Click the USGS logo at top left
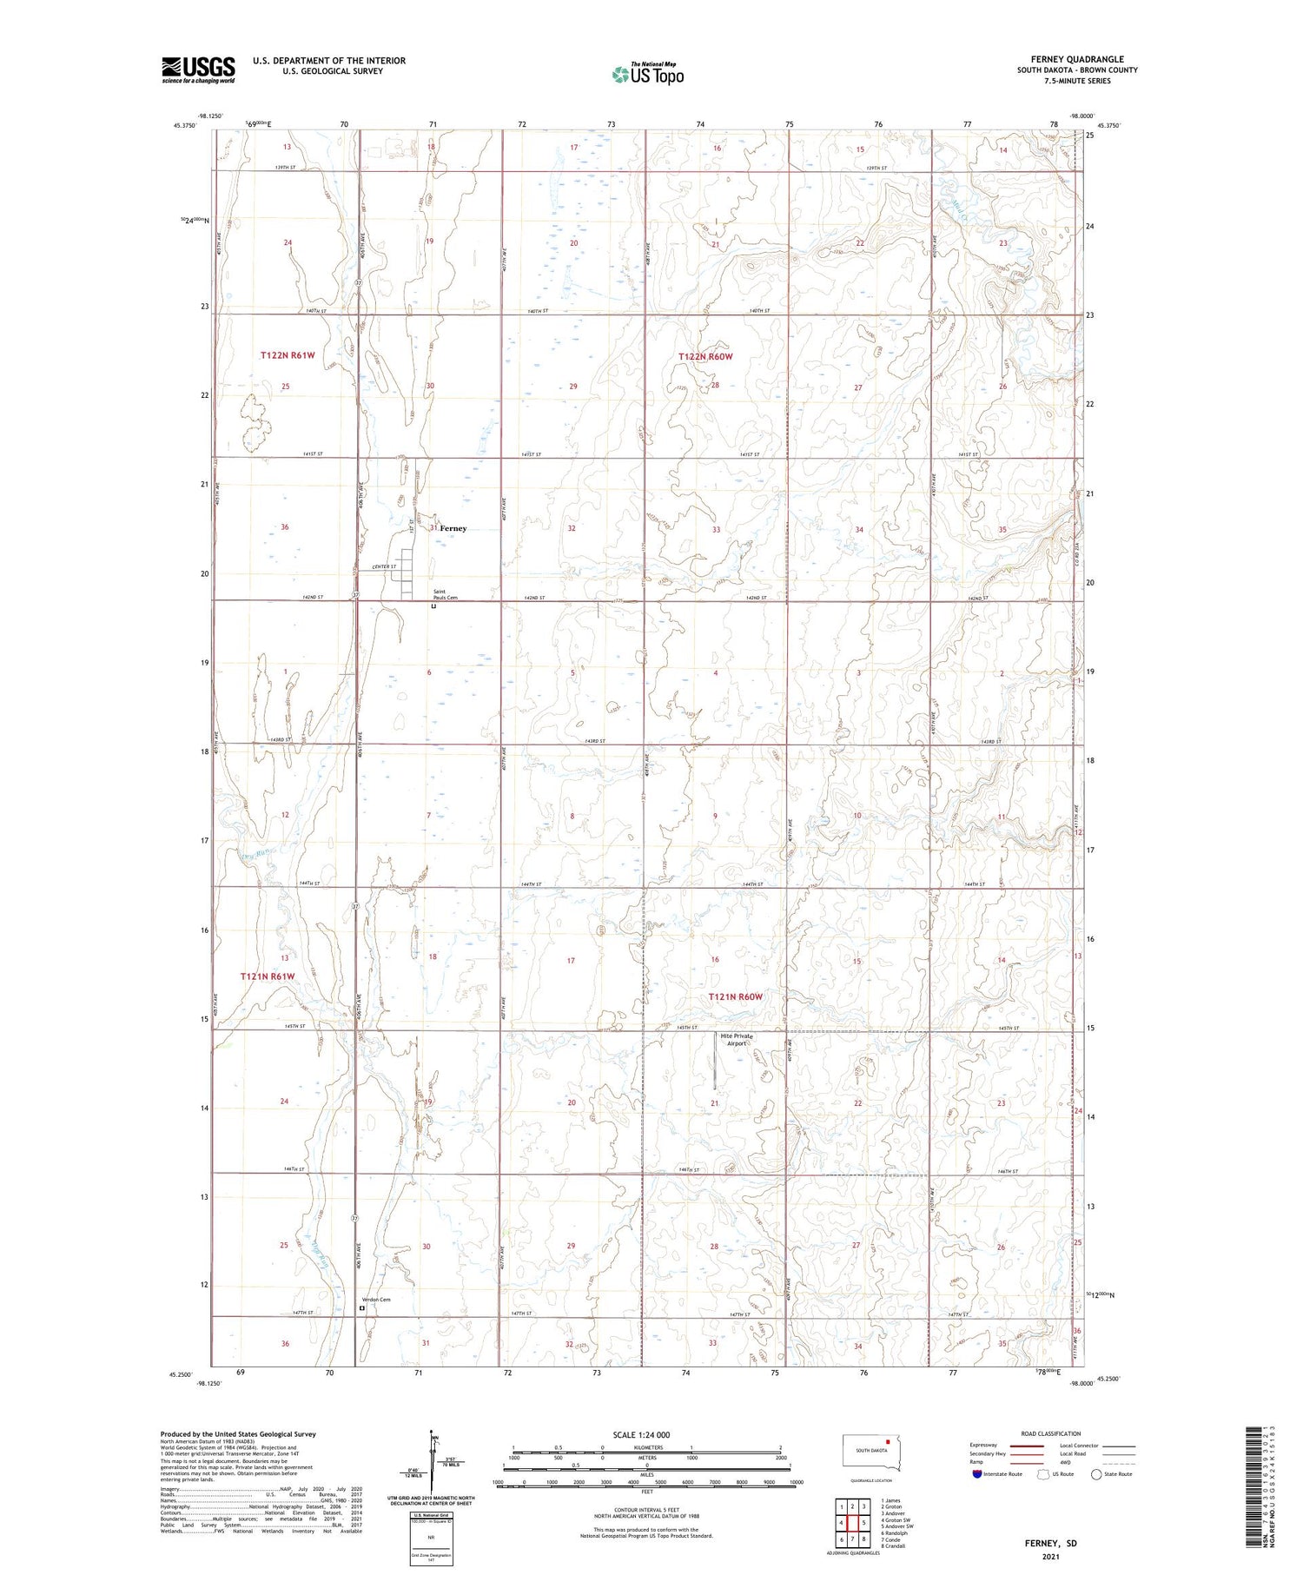click(x=198, y=69)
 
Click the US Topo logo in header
click(x=647, y=75)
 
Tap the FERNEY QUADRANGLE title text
click(x=1077, y=59)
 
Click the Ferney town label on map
click(x=453, y=528)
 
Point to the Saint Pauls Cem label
click(x=445, y=595)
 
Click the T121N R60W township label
click(x=735, y=996)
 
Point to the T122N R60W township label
click(x=705, y=357)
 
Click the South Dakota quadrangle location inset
click(x=871, y=1453)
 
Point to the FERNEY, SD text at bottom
click(x=1050, y=1543)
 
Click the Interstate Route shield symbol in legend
click(x=977, y=1474)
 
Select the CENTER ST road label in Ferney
click(x=384, y=567)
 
